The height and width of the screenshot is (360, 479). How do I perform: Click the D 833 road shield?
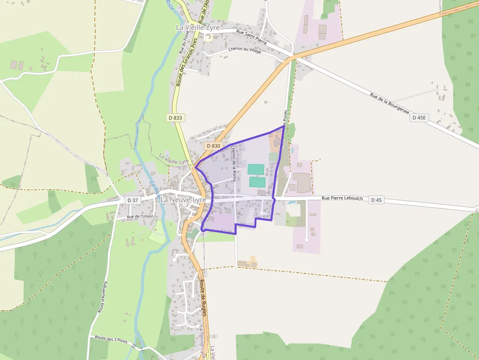pos(175,118)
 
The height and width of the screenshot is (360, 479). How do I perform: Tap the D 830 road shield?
pos(214,146)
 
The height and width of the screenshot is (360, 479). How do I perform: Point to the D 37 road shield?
pos(132,200)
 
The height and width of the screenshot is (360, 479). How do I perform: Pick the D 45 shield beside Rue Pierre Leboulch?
pos(376,200)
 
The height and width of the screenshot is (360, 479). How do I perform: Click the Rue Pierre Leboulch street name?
pos(342,198)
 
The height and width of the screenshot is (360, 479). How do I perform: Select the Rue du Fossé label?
pos(183,42)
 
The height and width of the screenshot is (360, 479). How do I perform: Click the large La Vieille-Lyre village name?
pos(197,28)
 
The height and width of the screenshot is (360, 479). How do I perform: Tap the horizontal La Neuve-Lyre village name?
pos(183,200)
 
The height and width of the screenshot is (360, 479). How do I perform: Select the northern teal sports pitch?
pos(256,169)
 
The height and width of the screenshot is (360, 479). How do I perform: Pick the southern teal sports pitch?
pos(257,182)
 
